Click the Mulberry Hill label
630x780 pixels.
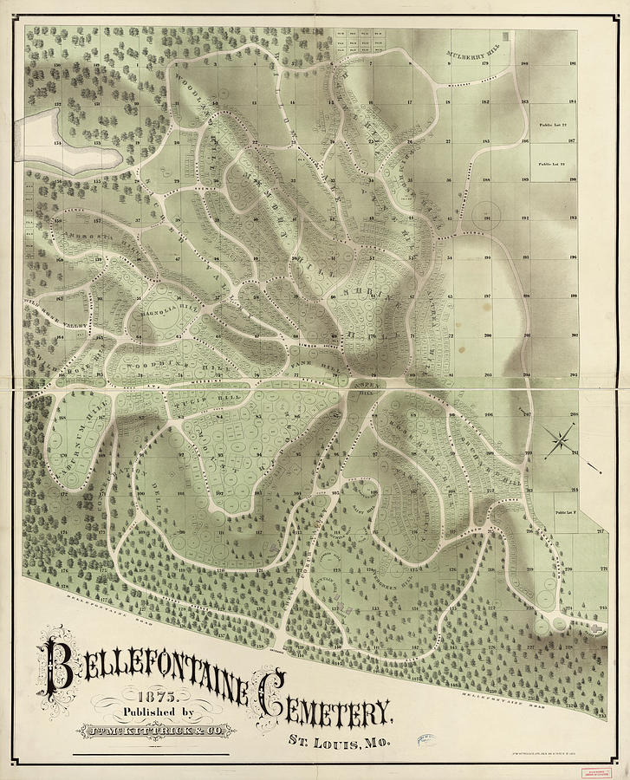(473, 56)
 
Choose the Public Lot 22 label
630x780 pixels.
(552, 127)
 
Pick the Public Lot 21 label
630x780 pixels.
(552, 164)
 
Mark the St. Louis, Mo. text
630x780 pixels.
(339, 742)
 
